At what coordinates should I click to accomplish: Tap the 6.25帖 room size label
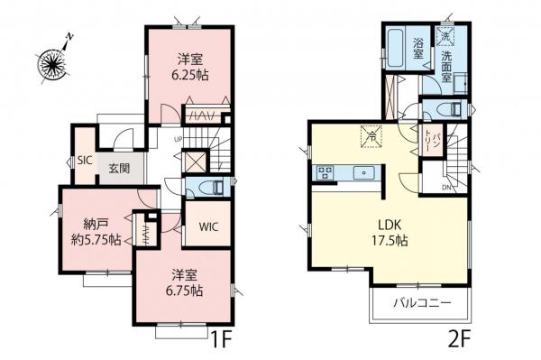click(188, 77)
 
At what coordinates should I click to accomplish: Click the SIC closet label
click(85, 160)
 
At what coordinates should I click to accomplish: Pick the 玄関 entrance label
click(118, 168)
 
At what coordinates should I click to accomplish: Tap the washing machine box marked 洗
click(445, 36)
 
